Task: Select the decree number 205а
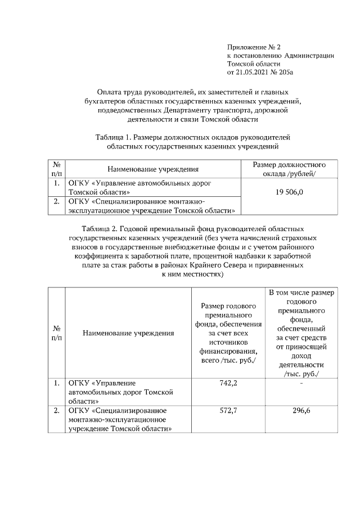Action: (x=286, y=73)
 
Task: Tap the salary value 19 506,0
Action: (x=290, y=192)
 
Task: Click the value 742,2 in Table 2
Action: (x=227, y=383)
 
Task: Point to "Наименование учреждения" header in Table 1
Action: (x=153, y=169)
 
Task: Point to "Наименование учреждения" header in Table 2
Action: (x=128, y=333)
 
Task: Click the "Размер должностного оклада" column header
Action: (x=290, y=169)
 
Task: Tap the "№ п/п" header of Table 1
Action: (x=56, y=169)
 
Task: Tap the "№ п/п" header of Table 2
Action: (x=56, y=333)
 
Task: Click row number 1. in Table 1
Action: (x=56, y=183)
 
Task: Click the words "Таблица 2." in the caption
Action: (x=100, y=229)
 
